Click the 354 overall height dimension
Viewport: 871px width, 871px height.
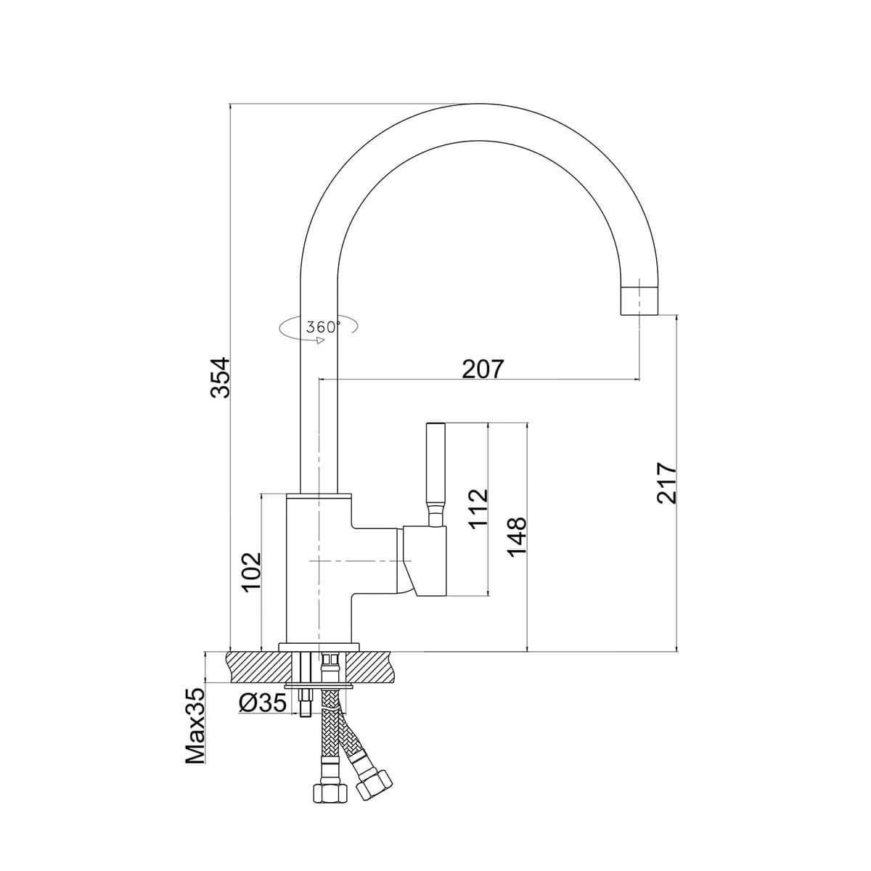click(x=220, y=377)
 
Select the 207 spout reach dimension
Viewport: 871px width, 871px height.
click(x=482, y=369)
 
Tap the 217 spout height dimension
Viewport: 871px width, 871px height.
click(x=667, y=483)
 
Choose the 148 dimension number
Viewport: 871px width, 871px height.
click(x=516, y=537)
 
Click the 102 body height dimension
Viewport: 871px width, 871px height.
click(x=251, y=573)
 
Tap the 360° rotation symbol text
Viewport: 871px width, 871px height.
click(x=323, y=327)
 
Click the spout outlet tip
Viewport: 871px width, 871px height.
click(x=639, y=314)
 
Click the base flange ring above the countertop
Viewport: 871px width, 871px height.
click(x=319, y=647)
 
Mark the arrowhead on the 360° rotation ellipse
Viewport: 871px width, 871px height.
click(x=319, y=340)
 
